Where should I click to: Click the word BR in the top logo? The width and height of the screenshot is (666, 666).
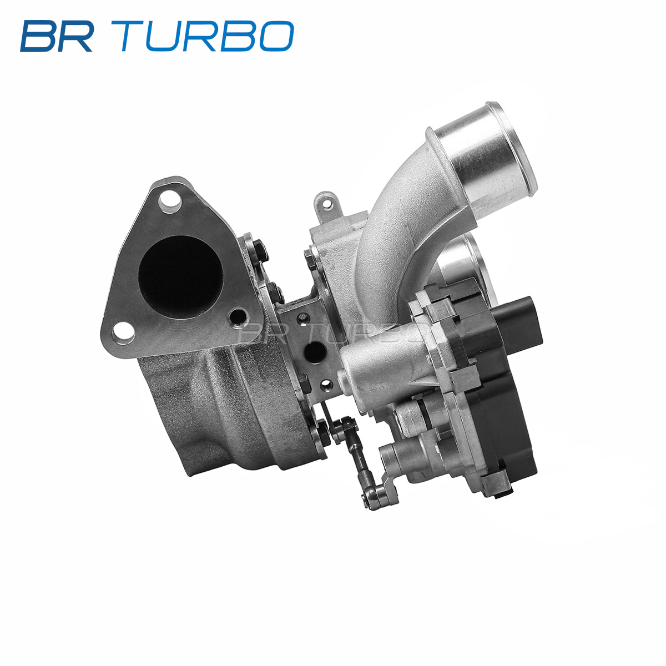57,37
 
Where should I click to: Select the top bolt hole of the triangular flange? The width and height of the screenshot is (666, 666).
170,201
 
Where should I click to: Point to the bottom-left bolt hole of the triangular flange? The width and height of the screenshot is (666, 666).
123,333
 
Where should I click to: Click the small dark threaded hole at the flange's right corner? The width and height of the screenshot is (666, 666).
239,316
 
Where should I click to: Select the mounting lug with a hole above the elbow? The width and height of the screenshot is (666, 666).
327,206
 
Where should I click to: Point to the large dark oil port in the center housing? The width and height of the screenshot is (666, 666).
314,352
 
